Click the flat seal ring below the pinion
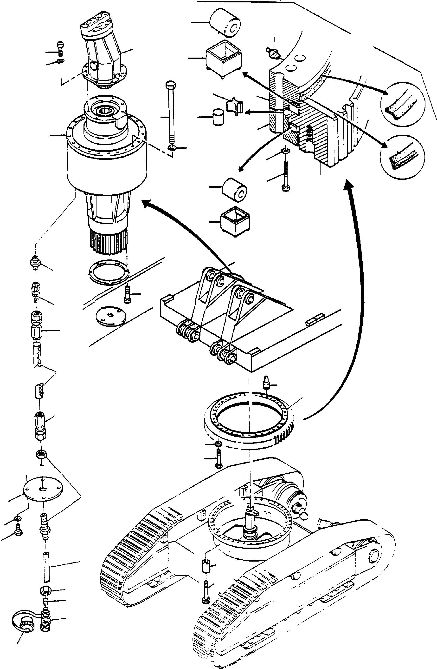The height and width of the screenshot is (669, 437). [108, 271]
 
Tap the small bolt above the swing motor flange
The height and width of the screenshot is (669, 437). [61, 47]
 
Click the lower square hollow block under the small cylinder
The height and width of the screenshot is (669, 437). [235, 221]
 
